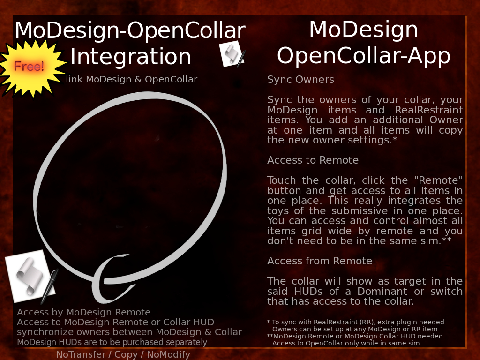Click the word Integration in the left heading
click(x=131, y=57)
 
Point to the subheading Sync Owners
click(x=300, y=80)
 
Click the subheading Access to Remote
click(x=313, y=160)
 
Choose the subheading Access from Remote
click(x=320, y=261)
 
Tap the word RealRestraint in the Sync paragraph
click(x=428, y=110)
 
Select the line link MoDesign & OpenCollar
click(x=132, y=80)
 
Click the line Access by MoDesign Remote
click(x=83, y=312)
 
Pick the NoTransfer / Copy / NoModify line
click(x=123, y=354)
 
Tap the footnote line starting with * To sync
click(x=355, y=322)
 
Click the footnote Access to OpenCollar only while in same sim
click(x=345, y=343)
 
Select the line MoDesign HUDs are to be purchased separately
click(x=112, y=342)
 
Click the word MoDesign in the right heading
click(x=364, y=30)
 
